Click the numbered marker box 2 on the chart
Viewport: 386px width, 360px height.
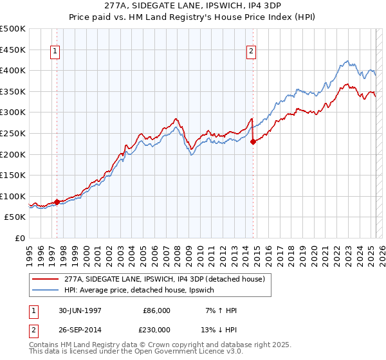coord(250,53)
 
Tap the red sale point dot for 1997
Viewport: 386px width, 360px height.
coord(57,202)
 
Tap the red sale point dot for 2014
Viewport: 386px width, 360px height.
coord(253,142)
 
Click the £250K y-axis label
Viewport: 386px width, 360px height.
coord(13,133)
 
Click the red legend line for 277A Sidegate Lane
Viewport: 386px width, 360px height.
coord(46,279)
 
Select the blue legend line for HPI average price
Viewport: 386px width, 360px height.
coord(46,291)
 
